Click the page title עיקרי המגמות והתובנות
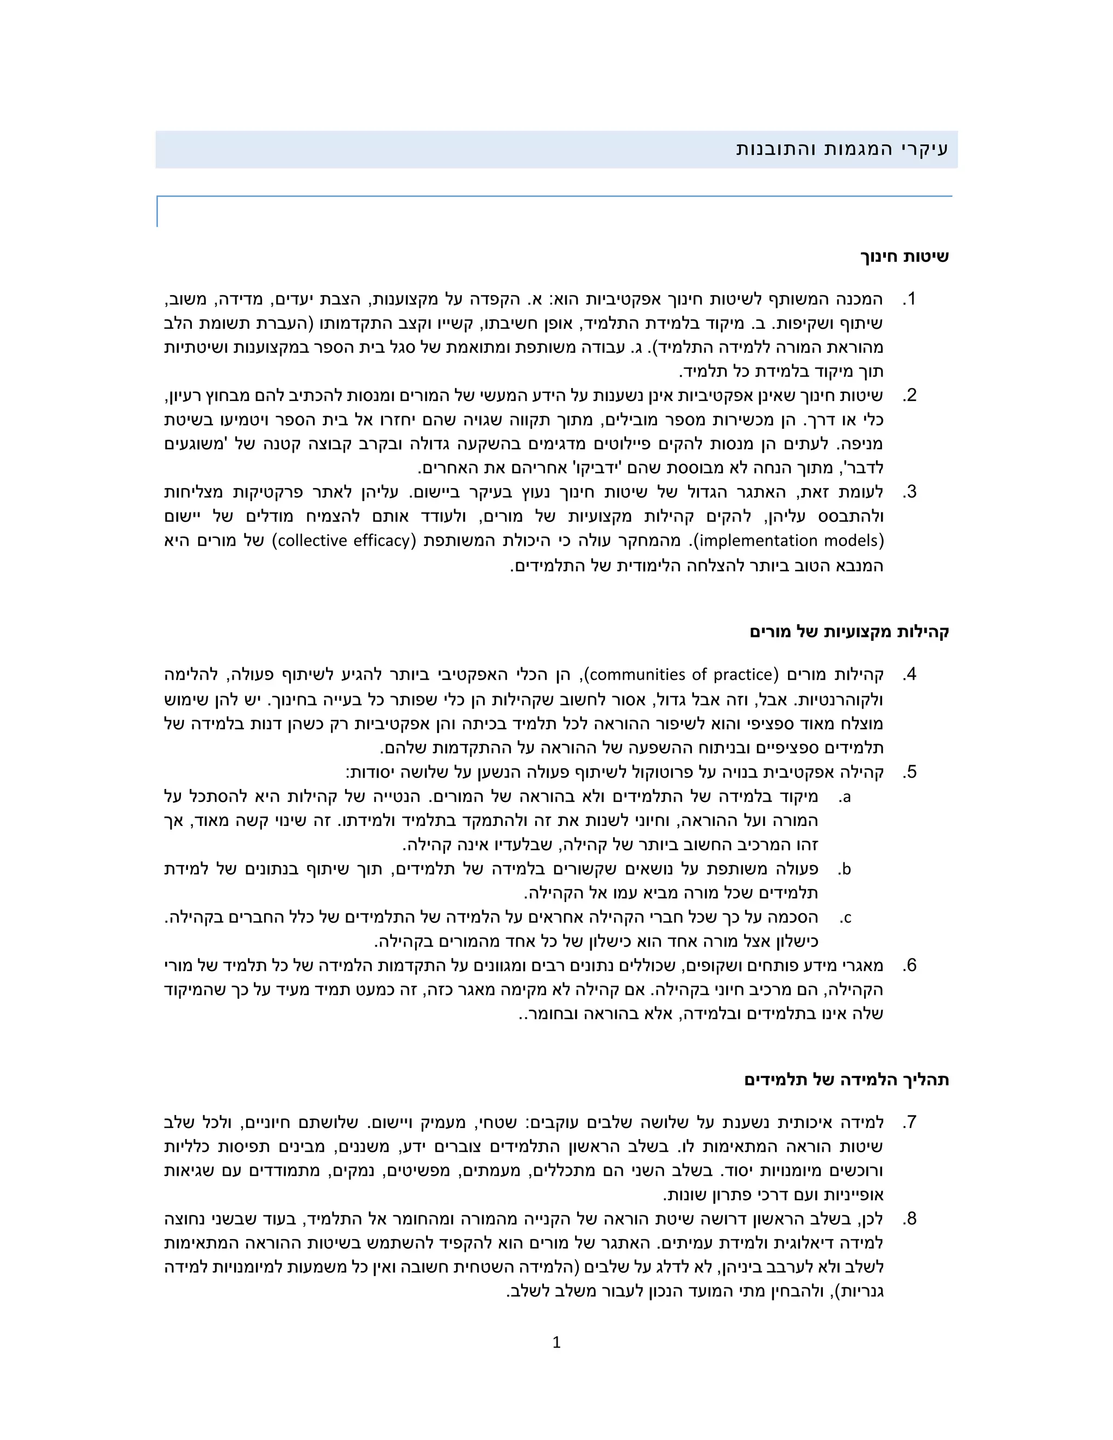click(x=842, y=149)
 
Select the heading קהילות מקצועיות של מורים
click(x=849, y=631)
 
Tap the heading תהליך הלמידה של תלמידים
click(x=847, y=1079)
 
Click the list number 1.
click(x=910, y=299)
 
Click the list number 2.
click(x=910, y=396)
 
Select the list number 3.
click(x=910, y=492)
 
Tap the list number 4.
click(x=910, y=674)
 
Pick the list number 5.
click(x=910, y=772)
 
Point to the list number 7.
click(x=910, y=1122)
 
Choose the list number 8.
click(x=910, y=1218)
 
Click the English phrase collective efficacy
click(x=343, y=541)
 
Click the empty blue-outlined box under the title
click(x=554, y=211)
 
